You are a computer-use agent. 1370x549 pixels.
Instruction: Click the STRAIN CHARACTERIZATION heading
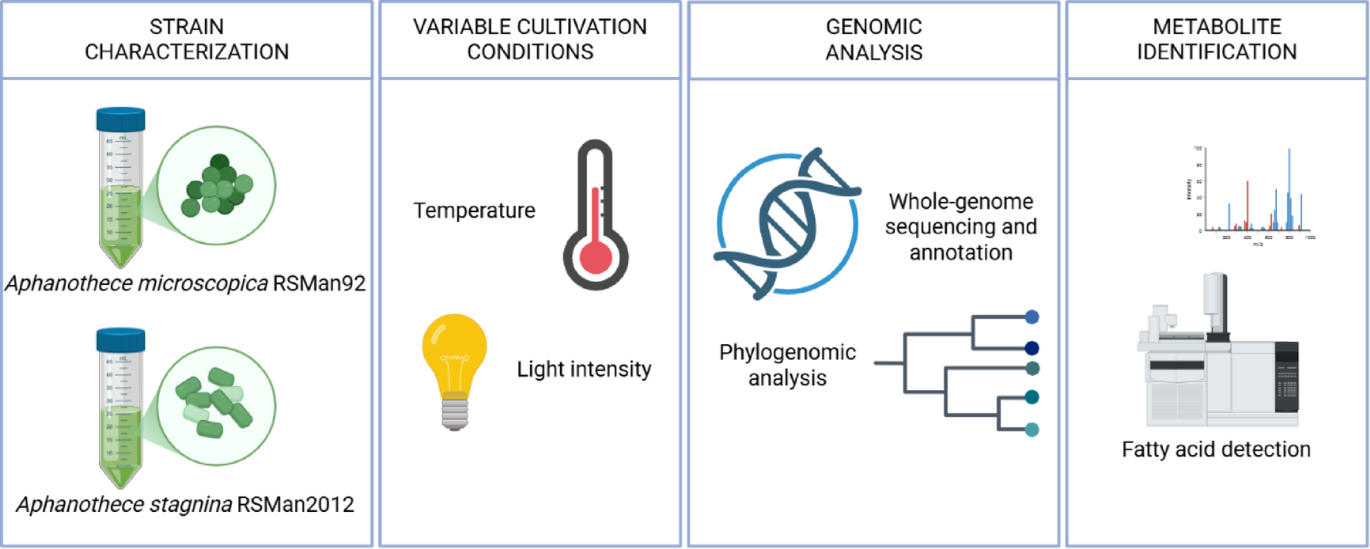click(x=186, y=39)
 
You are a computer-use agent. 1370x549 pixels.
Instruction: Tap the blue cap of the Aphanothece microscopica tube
click(x=121, y=119)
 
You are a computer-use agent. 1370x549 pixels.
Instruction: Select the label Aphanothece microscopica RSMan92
click(x=185, y=283)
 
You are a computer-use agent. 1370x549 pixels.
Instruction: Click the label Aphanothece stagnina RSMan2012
click(x=185, y=504)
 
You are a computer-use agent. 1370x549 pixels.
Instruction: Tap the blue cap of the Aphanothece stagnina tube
click(x=121, y=339)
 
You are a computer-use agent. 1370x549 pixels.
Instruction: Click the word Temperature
click(x=474, y=210)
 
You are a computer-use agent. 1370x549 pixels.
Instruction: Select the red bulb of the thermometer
click(x=596, y=257)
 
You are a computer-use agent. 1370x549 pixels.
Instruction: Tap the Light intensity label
click(x=584, y=369)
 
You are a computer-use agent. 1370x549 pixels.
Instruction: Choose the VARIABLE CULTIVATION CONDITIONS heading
click(x=530, y=39)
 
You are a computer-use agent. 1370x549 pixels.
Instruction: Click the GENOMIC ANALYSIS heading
click(x=874, y=39)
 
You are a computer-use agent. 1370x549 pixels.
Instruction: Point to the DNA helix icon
click(x=787, y=223)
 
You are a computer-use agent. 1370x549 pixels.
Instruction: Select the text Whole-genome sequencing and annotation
click(x=961, y=227)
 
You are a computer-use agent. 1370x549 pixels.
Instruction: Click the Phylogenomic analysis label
click(x=787, y=365)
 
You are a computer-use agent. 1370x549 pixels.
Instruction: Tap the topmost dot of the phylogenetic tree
click(x=1031, y=317)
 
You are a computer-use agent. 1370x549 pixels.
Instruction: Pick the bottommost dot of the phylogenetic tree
click(x=1031, y=430)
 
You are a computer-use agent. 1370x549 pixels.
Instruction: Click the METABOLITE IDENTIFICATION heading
click(x=1216, y=39)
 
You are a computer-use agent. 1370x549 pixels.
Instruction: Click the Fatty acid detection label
click(x=1216, y=449)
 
